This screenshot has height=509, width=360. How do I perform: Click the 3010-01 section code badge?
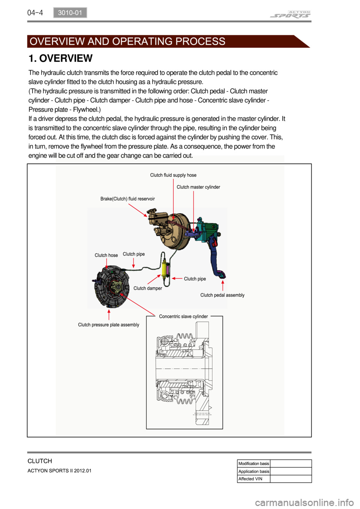(70, 13)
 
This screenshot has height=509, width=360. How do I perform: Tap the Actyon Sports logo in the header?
(290, 15)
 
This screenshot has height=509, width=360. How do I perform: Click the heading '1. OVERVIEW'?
(60, 58)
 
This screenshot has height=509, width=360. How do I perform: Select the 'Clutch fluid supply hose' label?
(173, 175)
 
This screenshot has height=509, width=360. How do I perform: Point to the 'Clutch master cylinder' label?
(198, 187)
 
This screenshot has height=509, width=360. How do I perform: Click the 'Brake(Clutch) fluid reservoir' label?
(127, 199)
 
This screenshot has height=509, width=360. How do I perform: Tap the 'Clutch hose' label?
(106, 255)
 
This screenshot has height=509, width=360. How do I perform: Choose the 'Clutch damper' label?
(148, 288)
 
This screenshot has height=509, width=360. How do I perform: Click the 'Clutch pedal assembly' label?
(222, 295)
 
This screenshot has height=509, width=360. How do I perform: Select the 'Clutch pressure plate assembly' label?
(108, 325)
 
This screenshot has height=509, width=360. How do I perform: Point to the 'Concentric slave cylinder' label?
(183, 316)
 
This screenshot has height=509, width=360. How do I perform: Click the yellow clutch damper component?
(164, 269)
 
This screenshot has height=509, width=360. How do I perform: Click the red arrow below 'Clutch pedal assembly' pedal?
(223, 285)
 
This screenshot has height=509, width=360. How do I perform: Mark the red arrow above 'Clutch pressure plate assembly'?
(109, 314)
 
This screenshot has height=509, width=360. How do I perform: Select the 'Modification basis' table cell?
(254, 464)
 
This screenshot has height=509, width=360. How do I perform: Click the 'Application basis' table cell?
(254, 472)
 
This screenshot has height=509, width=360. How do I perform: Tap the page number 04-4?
(35, 13)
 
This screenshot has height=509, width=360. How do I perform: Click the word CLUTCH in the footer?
(40, 461)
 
